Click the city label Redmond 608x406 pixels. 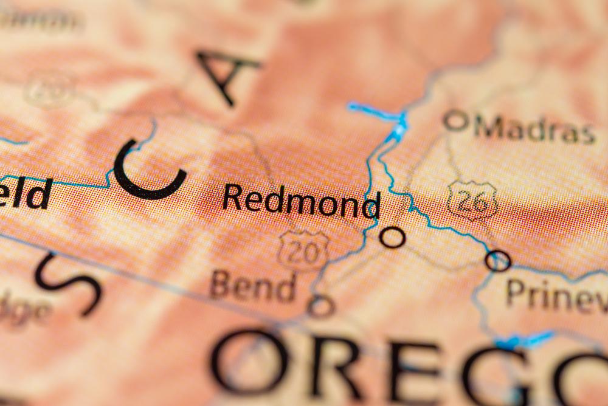(x=301, y=200)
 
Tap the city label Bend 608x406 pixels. (x=254, y=286)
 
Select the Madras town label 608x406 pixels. (x=534, y=129)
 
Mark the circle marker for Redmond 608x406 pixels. (x=392, y=236)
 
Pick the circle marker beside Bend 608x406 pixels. (x=320, y=306)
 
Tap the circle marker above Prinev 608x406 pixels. (x=497, y=260)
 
